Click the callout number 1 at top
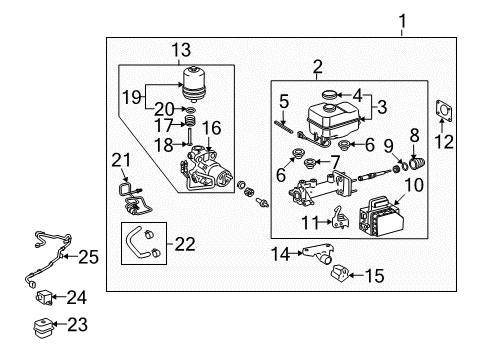[404, 18]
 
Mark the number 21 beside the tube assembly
[121, 161]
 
